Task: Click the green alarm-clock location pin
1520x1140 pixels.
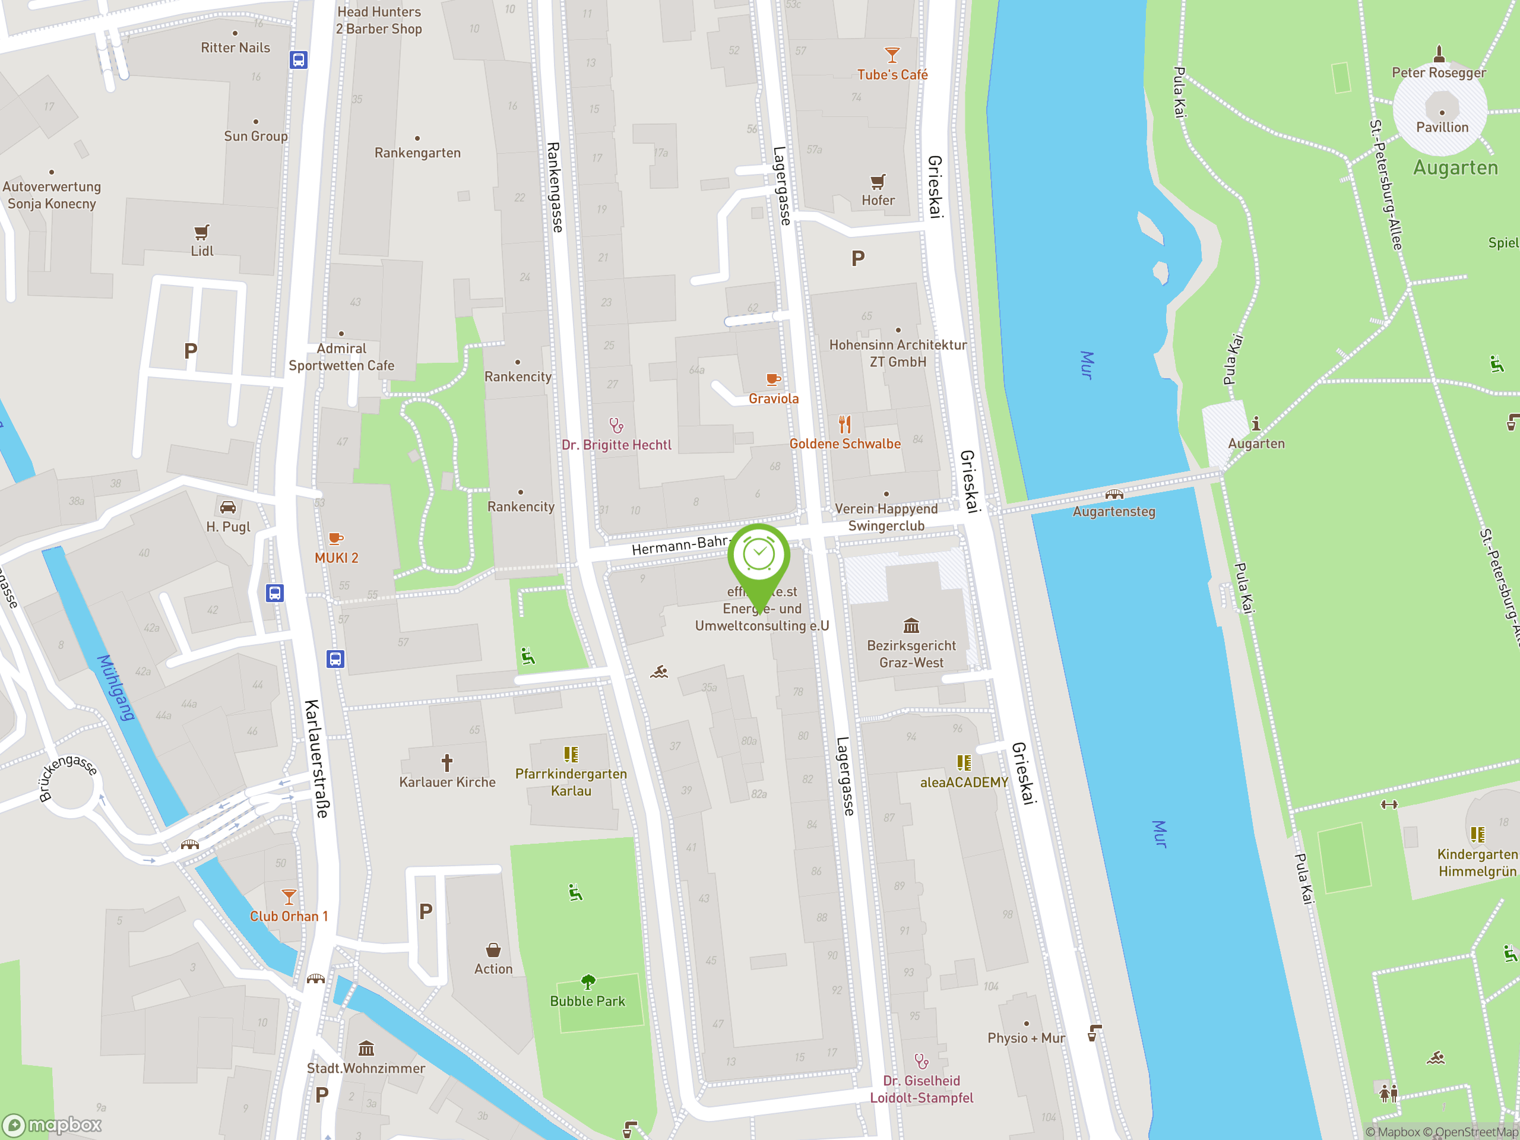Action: (759, 555)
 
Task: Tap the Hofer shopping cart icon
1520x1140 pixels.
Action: (878, 182)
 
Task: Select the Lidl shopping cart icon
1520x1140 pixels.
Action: (201, 232)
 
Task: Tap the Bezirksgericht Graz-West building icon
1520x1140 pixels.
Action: (911, 625)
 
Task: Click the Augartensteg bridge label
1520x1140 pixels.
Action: (1114, 511)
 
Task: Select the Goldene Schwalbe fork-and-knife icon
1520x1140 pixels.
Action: (844, 425)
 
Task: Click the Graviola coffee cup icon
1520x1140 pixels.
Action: (773, 379)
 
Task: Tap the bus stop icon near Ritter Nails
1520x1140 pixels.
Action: (298, 60)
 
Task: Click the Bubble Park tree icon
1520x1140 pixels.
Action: (588, 981)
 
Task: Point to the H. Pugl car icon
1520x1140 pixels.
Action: (228, 508)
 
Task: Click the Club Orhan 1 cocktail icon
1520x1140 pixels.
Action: (289, 897)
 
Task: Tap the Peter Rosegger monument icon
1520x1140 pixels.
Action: (1439, 53)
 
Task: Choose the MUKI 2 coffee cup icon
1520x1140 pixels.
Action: (335, 539)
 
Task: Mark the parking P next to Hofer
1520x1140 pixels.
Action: (857, 258)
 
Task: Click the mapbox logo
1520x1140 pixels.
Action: (52, 1125)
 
